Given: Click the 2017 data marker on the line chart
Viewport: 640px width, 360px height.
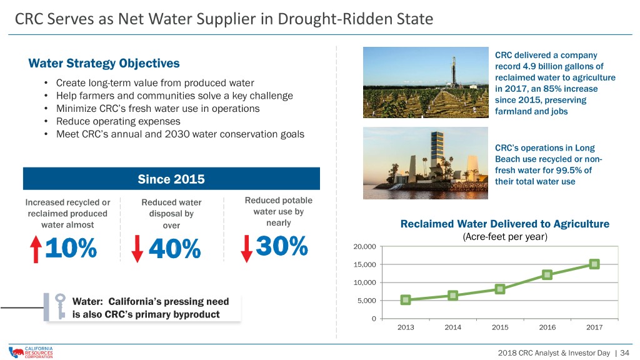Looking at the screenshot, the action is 594,264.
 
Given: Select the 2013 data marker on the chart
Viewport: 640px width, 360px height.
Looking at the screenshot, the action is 405,300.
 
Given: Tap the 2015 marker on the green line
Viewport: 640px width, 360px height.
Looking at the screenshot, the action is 500,289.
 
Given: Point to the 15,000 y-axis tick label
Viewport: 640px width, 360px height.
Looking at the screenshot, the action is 364,264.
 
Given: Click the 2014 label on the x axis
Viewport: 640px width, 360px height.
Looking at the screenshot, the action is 452,327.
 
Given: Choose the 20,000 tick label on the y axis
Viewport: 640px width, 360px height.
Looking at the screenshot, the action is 364,246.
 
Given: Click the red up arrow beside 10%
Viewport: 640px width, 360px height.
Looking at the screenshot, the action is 36,249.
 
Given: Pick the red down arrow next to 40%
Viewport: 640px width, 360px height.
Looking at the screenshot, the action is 137,249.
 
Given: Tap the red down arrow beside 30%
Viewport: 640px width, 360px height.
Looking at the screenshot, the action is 246,248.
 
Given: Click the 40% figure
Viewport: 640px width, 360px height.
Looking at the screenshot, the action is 175,248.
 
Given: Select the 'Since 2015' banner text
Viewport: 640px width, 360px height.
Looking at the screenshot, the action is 171,179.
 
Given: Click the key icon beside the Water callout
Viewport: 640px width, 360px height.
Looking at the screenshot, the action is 61,306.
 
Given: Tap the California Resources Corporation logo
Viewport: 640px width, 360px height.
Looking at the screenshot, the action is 31,352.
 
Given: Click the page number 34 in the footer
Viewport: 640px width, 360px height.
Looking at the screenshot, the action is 624,352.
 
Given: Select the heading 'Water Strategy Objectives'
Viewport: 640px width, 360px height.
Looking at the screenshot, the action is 104,64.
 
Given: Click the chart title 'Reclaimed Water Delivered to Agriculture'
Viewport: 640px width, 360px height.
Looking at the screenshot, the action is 505,224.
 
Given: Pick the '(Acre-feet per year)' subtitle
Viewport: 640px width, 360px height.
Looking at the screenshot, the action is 505,237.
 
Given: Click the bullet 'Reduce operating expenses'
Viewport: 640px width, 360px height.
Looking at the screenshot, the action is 118,122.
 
